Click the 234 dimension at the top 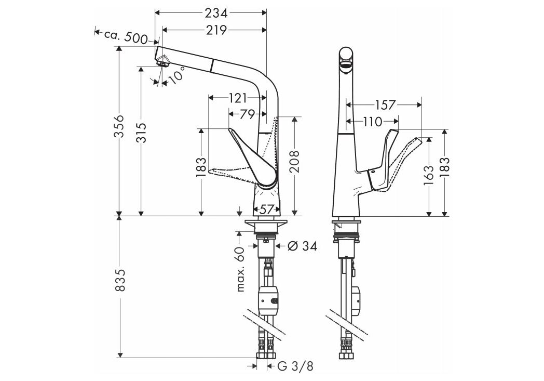(215, 12)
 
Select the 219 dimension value (215, 30)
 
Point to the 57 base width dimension (266, 209)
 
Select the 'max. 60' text (239, 269)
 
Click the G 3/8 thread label (295, 366)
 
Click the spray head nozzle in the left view (162, 61)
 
